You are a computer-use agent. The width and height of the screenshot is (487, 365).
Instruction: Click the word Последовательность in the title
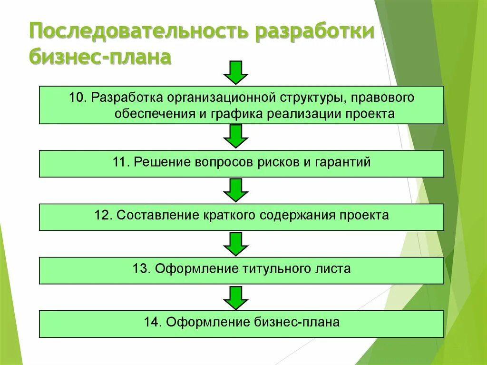138,32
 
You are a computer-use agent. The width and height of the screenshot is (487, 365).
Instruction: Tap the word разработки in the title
315,32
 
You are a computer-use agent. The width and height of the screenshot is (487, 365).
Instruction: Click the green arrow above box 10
236,72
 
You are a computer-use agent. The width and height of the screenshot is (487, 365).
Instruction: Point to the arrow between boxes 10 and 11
236,137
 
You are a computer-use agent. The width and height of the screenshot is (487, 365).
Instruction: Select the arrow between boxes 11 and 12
236,190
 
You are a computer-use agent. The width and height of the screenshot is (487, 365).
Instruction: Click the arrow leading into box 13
236,244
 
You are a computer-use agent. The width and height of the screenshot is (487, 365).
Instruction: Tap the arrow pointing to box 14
236,298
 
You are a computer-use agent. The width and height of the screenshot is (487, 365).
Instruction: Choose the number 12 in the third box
103,216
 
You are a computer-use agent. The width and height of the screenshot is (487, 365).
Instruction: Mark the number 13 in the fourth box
141,269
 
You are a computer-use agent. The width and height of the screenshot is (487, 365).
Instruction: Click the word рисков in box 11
281,162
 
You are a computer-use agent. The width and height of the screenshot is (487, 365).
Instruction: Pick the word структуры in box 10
307,98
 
